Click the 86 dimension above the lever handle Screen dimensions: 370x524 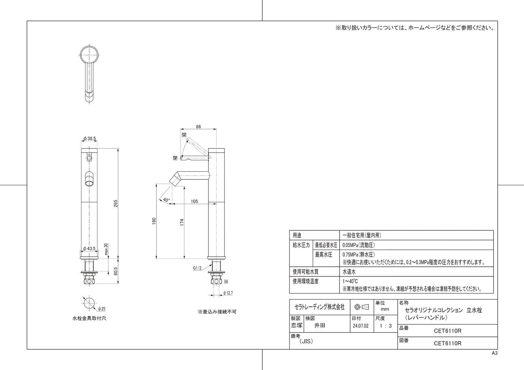click(198, 127)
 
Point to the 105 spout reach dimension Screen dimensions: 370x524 click(194, 201)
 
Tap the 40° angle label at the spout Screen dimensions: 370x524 click(166, 200)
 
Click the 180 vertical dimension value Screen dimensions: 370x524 click(154, 221)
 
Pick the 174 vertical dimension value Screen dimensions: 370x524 click(182, 222)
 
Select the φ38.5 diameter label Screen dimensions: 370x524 click(89, 138)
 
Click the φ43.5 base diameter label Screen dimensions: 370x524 click(89, 248)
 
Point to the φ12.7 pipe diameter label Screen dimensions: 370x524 click(228, 292)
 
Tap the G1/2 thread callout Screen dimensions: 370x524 click(197, 268)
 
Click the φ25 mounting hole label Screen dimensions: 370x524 click(102, 309)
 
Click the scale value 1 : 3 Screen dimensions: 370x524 click(385, 326)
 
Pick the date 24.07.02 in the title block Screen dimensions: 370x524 click(360, 326)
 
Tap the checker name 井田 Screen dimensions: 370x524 click(319, 325)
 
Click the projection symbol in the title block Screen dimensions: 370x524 click(362, 307)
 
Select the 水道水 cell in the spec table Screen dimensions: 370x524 click(350, 272)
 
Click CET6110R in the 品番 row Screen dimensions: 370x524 click(447, 330)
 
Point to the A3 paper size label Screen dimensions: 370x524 click(495, 353)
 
